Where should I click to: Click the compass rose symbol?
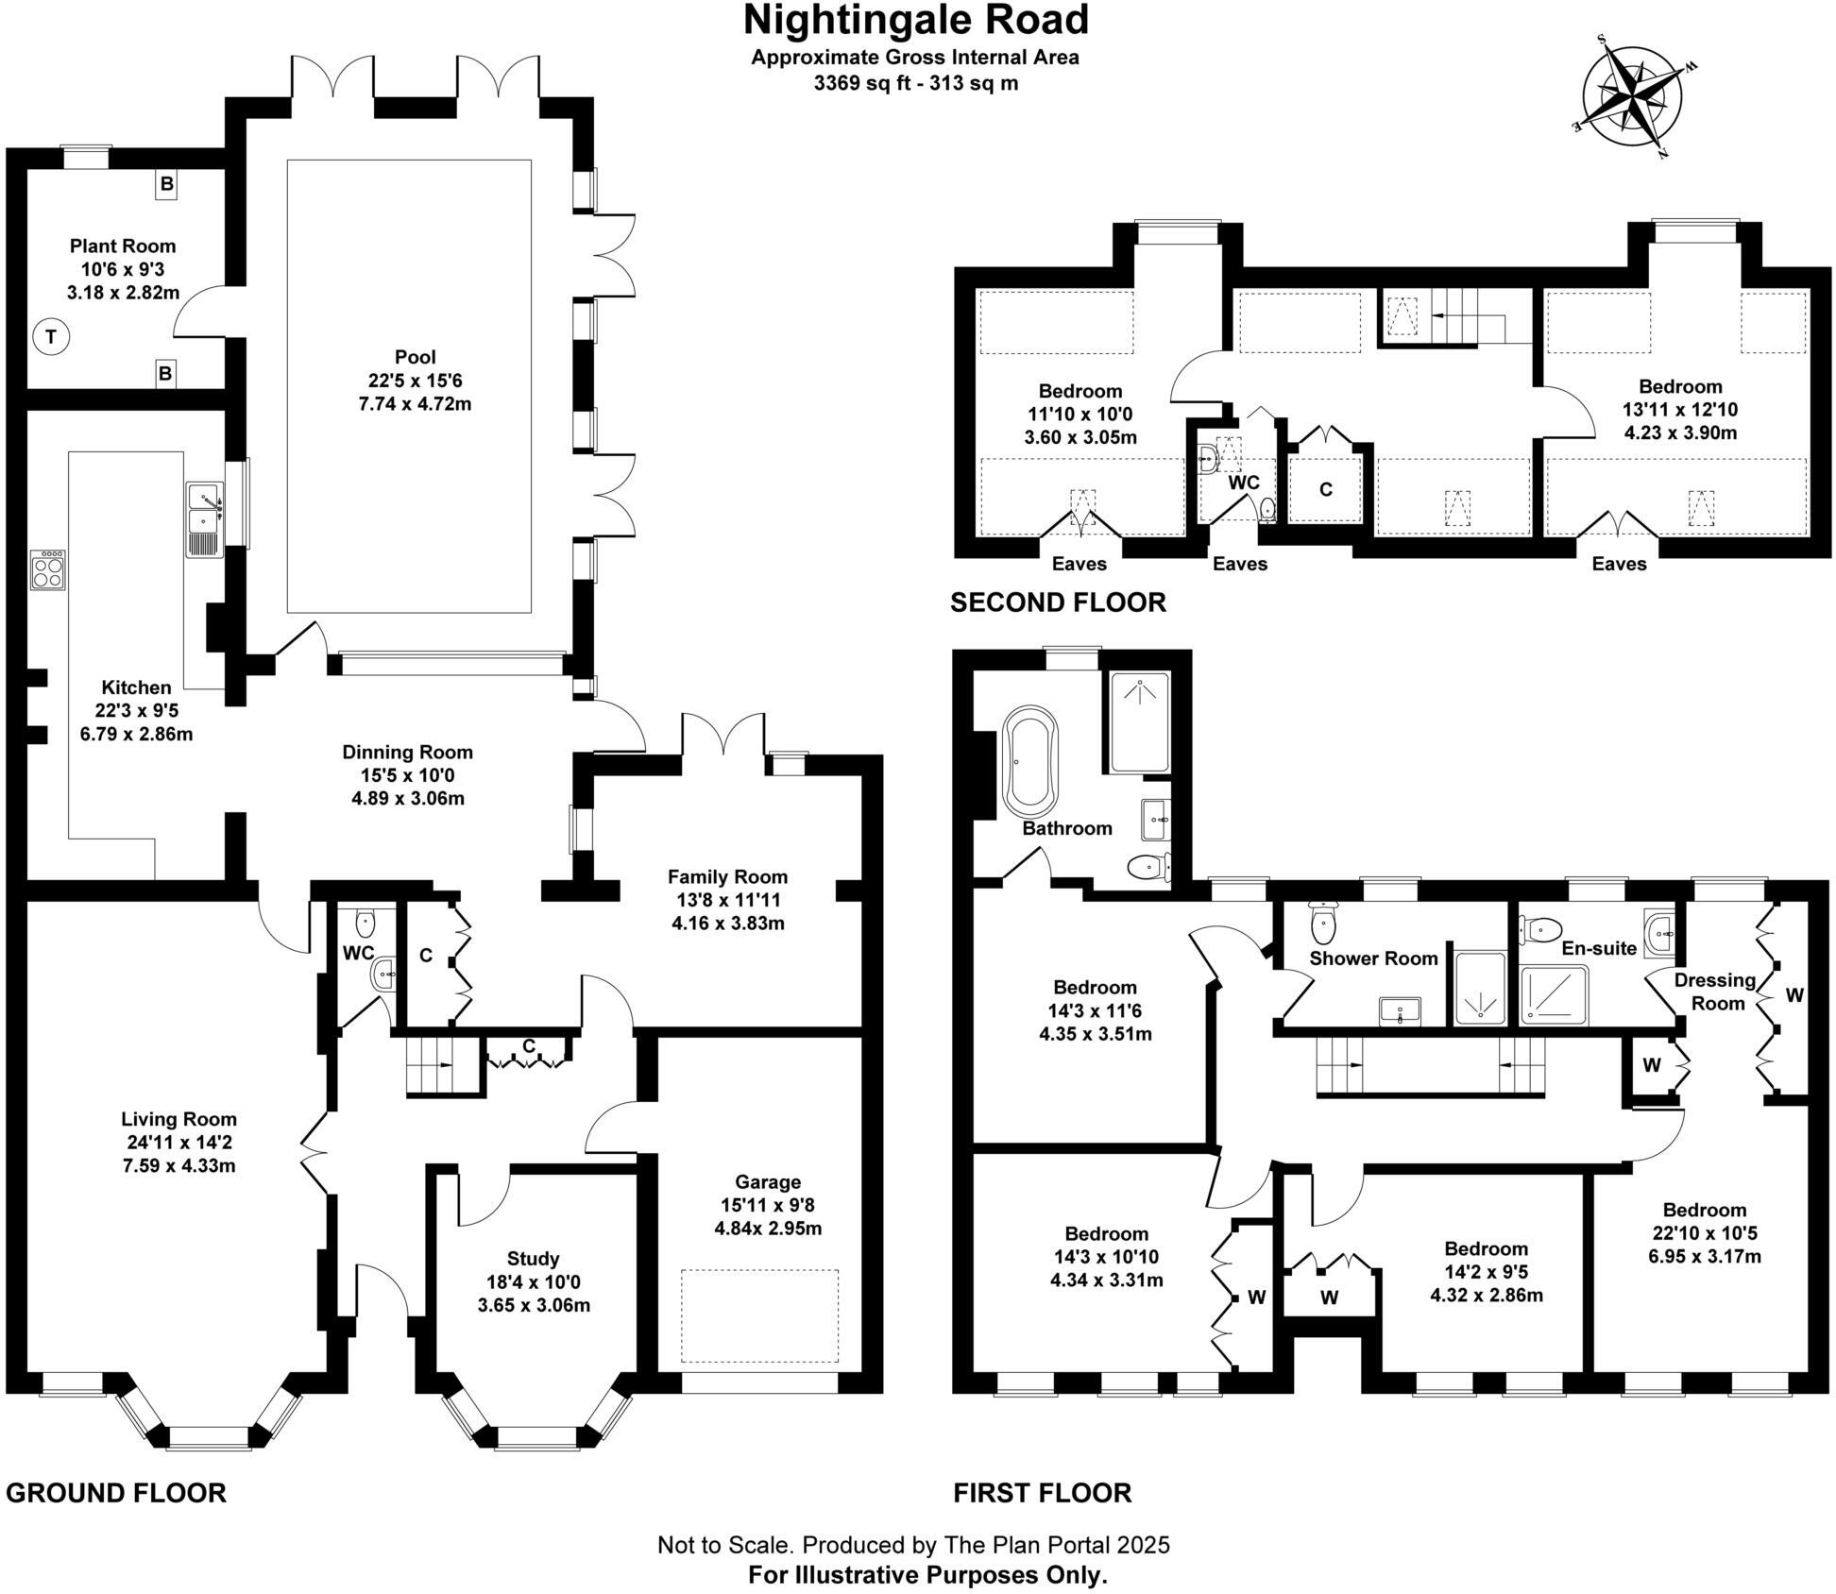tap(1632, 95)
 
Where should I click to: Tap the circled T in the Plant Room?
tap(51, 337)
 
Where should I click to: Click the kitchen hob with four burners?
tap(47, 570)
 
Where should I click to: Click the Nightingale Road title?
tap(916, 20)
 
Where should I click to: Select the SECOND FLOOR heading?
tap(1058, 602)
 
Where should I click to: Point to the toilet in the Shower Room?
tap(1324, 923)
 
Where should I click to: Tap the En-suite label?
tap(1598, 948)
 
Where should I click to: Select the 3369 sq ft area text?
tap(915, 83)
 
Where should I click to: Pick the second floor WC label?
tap(1244, 483)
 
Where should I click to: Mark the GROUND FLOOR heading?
tap(116, 1493)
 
